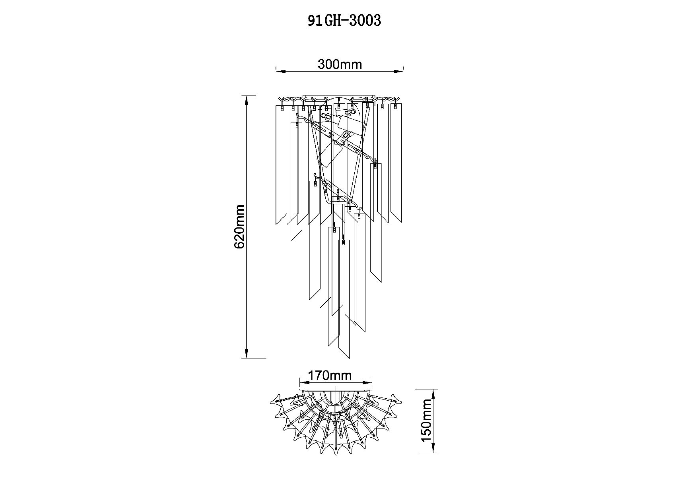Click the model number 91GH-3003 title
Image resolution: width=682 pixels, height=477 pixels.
[344, 21]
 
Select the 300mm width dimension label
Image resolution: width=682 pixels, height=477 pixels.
[340, 64]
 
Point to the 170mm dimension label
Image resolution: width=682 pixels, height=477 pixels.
[330, 375]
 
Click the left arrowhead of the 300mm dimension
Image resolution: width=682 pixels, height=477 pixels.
[281, 72]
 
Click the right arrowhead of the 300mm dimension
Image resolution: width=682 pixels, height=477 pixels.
[398, 72]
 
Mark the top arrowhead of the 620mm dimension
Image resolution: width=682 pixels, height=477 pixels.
[247, 100]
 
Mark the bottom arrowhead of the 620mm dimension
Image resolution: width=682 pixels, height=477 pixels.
[247, 354]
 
